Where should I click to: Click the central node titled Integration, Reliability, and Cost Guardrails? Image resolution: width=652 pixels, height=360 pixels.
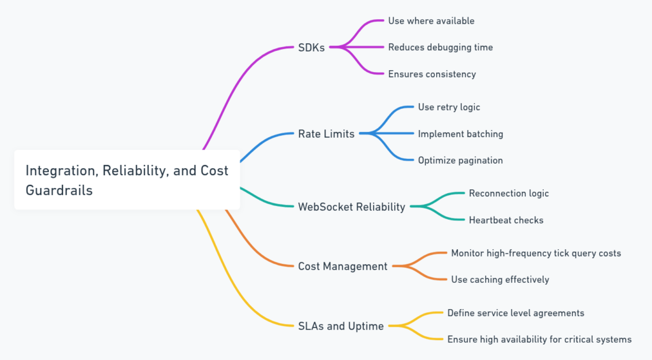pos(127,180)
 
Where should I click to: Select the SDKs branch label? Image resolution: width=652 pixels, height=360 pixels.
pos(311,47)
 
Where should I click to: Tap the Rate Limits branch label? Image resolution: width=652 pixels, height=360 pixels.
pos(326,134)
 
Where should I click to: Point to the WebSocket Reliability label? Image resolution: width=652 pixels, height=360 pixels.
pos(351,206)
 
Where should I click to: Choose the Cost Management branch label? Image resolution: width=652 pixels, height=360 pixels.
pos(343,266)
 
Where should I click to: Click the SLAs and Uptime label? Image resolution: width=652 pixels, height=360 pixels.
pos(341,326)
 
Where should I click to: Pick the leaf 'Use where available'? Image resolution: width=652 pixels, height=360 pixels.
pos(431,20)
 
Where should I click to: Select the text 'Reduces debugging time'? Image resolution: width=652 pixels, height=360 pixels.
pos(440,47)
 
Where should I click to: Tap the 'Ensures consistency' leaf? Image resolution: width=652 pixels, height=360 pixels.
pos(432,74)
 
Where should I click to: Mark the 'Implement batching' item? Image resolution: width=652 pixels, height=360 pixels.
pos(460,134)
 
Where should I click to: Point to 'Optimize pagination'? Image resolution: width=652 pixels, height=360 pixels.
pos(460,161)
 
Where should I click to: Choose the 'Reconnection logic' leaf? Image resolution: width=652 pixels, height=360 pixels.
pos(509,193)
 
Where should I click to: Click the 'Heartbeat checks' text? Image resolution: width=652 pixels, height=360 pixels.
pos(506,220)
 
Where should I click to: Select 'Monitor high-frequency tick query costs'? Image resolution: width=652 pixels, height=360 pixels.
pos(535,253)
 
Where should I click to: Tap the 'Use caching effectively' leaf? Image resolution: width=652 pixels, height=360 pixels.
pos(500,280)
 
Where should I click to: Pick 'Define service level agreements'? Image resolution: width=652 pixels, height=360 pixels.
pos(516,313)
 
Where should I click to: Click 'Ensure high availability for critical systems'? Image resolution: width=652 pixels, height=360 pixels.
pos(539,340)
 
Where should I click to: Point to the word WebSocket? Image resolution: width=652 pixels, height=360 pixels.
pos(325,206)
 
